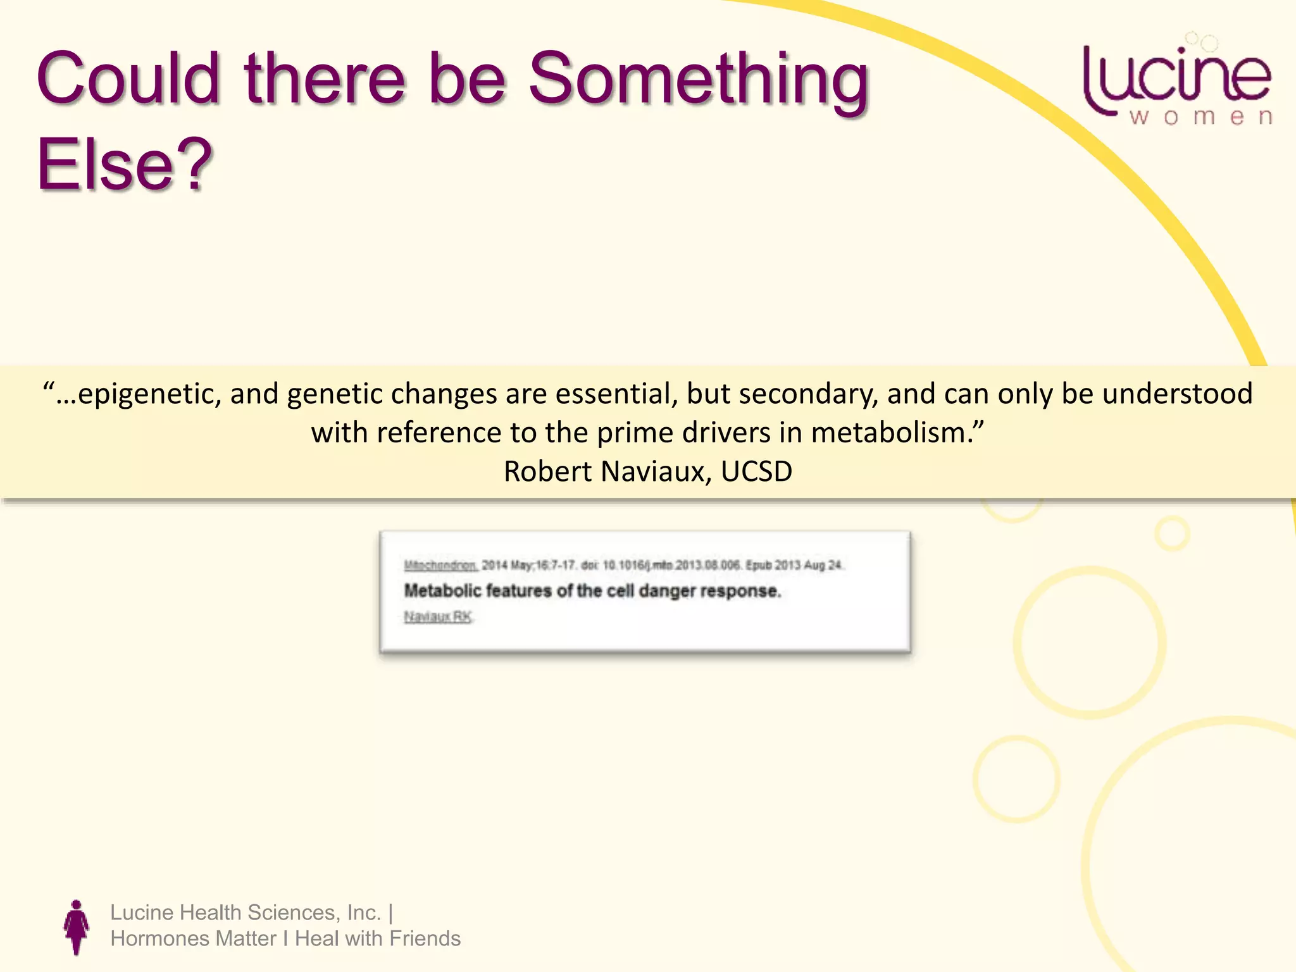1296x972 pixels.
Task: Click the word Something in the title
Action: [699, 81]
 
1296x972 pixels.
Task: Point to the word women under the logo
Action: [1200, 118]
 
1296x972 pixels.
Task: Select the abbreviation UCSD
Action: [756, 472]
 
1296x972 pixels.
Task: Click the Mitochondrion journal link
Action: [440, 565]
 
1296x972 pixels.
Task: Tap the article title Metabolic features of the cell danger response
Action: [592, 591]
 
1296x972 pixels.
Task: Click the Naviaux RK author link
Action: [438, 616]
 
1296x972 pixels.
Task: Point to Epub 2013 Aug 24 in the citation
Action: [794, 565]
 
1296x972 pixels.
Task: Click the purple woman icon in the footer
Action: [77, 927]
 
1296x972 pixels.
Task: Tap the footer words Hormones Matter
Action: [193, 938]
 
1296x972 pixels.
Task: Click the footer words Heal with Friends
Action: [378, 938]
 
